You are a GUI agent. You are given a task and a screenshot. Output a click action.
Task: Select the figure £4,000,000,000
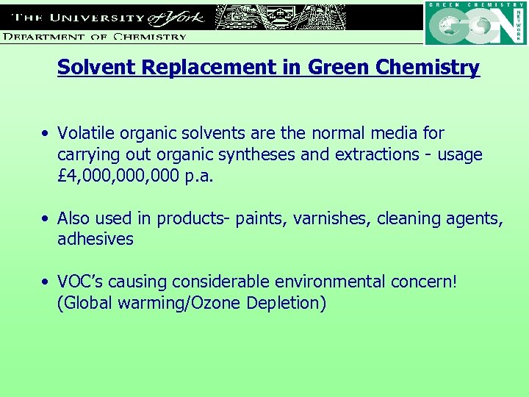pos(115,176)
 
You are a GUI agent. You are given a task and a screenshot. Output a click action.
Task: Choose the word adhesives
pos(96,240)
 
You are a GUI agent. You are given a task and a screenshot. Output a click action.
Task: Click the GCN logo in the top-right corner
pos(475,24)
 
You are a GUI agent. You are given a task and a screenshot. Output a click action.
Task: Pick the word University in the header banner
pos(94,16)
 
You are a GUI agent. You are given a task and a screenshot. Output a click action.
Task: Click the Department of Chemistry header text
pos(94,36)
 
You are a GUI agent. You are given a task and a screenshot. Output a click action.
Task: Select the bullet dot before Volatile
pos(46,134)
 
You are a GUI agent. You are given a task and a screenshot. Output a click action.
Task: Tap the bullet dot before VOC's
pos(46,282)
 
